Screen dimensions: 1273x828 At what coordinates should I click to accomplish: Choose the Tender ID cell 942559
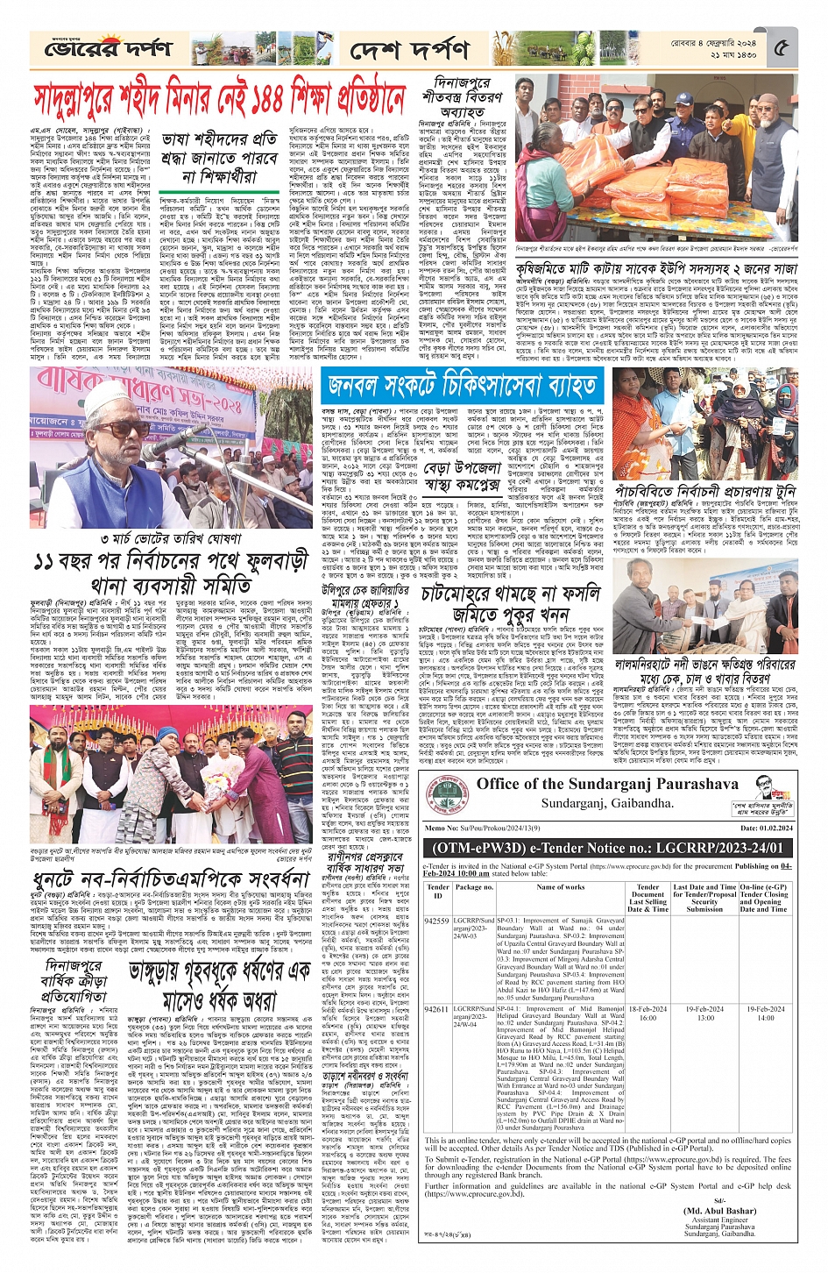click(x=436, y=921)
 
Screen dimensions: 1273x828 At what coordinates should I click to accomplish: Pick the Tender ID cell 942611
click(x=436, y=1009)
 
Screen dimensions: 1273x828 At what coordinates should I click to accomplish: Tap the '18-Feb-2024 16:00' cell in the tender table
click(x=648, y=1013)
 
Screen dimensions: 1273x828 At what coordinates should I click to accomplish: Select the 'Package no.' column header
click(x=474, y=887)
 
